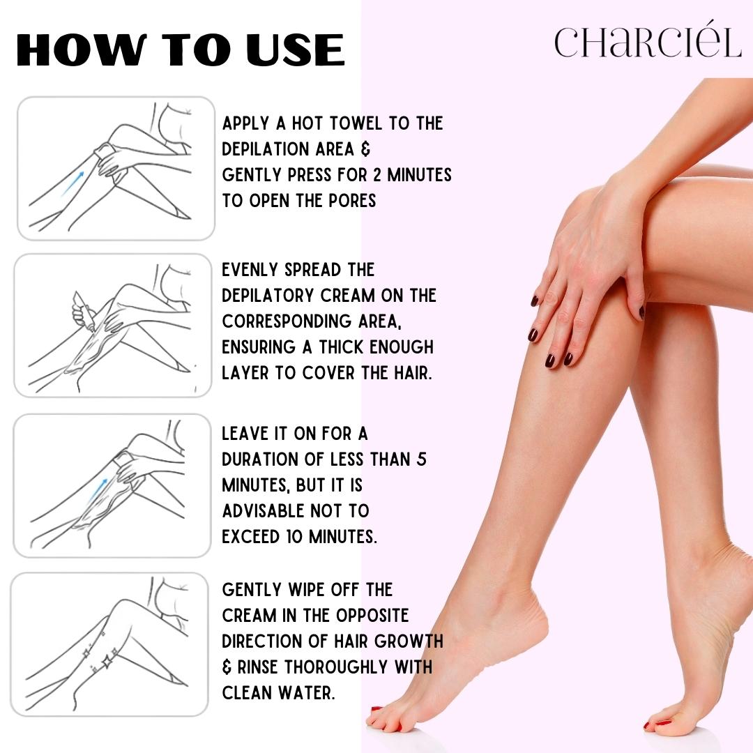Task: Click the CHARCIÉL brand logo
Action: [x=648, y=43]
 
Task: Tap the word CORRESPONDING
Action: [x=299, y=321]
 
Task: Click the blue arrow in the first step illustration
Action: [x=73, y=182]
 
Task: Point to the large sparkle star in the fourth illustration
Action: [x=108, y=657]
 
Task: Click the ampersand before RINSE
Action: [x=227, y=667]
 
